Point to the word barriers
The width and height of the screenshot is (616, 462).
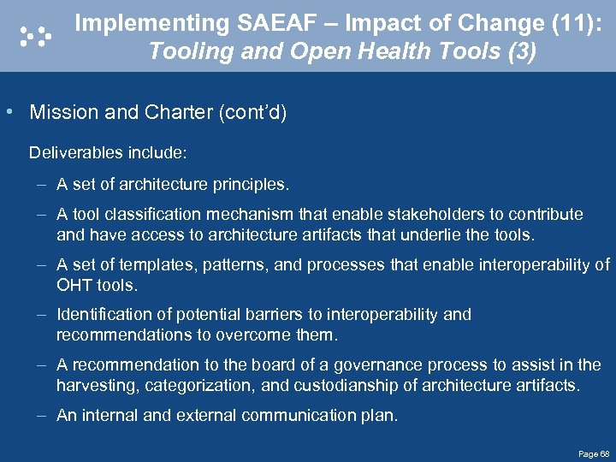click(x=297, y=315)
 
